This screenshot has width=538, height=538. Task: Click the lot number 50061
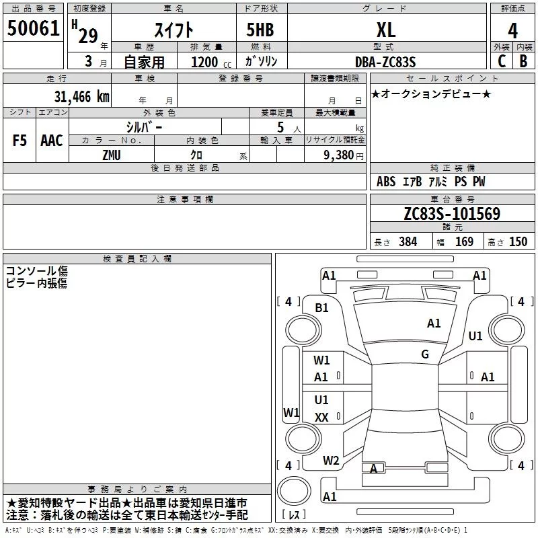tap(33, 28)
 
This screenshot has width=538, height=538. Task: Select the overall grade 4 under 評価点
tap(512, 31)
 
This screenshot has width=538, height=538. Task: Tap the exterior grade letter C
tap(502, 61)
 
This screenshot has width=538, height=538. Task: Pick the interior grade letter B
tap(523, 61)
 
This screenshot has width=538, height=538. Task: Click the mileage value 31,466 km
tap(81, 97)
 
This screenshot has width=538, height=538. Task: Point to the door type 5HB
tap(260, 30)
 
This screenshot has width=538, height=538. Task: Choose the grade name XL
tap(386, 30)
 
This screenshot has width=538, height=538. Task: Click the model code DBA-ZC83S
tap(385, 62)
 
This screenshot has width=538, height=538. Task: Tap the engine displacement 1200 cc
tap(211, 62)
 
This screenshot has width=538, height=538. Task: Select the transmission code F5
tap(20, 141)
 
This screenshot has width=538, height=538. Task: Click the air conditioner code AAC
tap(52, 141)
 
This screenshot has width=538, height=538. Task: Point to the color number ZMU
tap(112, 155)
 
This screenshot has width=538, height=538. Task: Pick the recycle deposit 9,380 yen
tap(344, 155)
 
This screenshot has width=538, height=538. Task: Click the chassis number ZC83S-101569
tap(452, 214)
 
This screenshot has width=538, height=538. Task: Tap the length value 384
tap(408, 241)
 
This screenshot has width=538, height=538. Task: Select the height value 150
tap(518, 241)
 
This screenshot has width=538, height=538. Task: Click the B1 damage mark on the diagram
tap(321, 308)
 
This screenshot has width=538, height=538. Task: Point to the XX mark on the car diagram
tap(321, 417)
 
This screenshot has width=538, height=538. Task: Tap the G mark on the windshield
tap(425, 354)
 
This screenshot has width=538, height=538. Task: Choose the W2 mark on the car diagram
tap(331, 461)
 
